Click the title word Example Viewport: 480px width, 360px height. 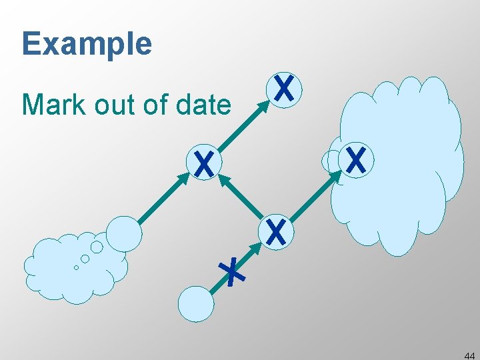[x=87, y=44]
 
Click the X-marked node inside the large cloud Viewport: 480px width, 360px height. [x=356, y=161]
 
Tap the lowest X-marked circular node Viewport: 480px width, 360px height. [x=275, y=231]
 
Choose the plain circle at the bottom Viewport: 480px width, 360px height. [x=196, y=304]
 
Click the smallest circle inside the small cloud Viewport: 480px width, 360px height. [x=76, y=267]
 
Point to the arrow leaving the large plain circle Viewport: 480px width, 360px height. [x=164, y=197]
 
